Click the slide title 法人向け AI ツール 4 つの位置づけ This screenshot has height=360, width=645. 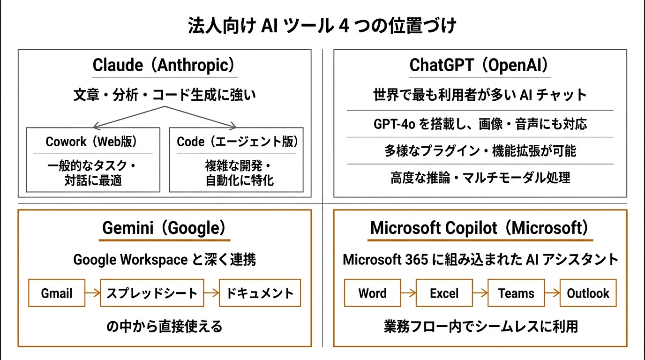322,26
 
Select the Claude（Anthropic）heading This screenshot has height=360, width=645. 164,65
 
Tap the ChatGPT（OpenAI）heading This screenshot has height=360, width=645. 479,65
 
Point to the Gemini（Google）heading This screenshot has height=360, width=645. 164,228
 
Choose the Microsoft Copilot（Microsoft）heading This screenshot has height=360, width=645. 479,228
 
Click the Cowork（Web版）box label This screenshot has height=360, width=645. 92,142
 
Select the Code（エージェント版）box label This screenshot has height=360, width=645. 237,142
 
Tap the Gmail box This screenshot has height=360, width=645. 57,293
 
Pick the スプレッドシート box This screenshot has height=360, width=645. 152,293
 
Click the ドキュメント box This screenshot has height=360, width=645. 260,293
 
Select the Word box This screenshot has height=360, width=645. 373,293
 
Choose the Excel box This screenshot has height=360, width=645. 444,293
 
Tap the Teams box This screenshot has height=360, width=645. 516,293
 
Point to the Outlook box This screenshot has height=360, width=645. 588,293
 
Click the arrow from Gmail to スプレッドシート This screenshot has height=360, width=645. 93,293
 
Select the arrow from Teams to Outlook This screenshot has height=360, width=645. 552,293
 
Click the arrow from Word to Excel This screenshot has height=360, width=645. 408,293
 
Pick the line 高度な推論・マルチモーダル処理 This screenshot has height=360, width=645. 480,178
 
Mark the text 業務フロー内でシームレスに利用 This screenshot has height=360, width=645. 480,326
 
